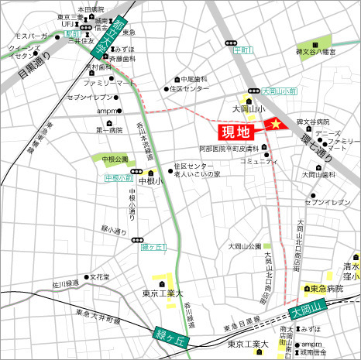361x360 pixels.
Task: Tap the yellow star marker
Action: coord(273,125)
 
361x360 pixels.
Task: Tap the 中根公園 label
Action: coord(115,159)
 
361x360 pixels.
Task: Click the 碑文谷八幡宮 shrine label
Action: coord(328,52)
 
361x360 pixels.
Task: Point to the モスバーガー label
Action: coord(36,36)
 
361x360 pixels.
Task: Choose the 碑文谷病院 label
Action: coord(313,122)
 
